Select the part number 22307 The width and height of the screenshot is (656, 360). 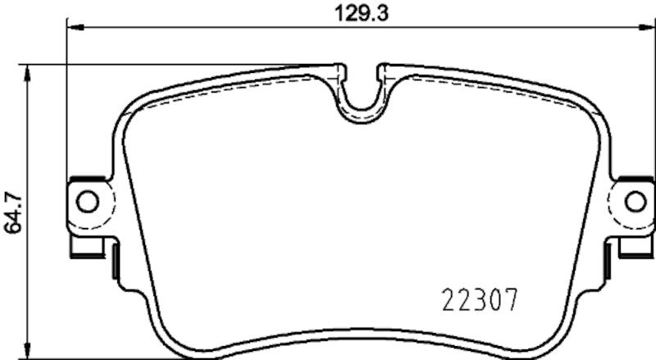(480, 302)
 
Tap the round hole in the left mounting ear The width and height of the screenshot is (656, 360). (87, 200)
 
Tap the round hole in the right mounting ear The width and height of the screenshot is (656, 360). (635, 200)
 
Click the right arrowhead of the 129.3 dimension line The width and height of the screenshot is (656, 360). (648, 27)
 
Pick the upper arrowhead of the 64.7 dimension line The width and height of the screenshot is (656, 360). (30, 71)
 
